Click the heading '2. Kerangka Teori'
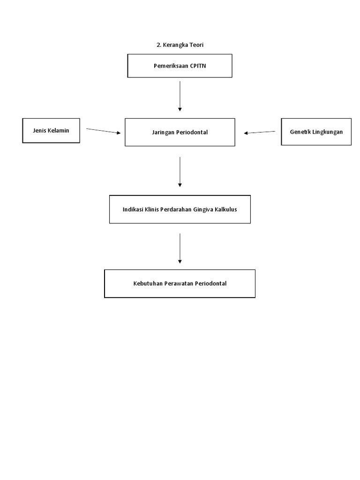(180, 45)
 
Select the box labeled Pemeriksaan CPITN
(180, 66)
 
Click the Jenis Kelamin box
(51, 130)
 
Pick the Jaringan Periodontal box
(180, 132)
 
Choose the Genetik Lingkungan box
(316, 132)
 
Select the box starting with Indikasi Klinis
(180, 209)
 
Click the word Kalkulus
(225, 209)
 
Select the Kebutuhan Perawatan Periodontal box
(180, 284)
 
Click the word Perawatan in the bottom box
(178, 284)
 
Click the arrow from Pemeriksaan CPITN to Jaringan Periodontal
(180, 96)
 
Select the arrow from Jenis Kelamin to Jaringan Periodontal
(103, 131)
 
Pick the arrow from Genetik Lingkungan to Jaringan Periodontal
(260, 132)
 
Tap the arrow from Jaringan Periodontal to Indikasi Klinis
(180, 172)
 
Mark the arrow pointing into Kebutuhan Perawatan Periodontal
(180, 248)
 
